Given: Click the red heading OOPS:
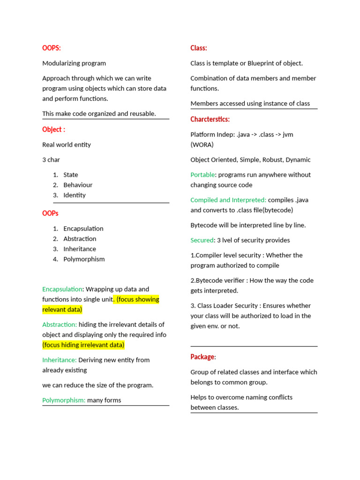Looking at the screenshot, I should (52, 48).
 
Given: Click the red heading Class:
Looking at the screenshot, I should (199, 48).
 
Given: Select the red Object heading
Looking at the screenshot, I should (53, 129).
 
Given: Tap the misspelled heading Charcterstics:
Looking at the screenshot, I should (210, 119).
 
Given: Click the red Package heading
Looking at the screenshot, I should (202, 357).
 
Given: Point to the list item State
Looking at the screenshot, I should (71, 175).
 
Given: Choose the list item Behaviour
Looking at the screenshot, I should (78, 185).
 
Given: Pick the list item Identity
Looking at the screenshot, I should (75, 195).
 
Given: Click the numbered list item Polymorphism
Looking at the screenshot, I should (84, 259).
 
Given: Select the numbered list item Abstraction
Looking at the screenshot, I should (80, 239).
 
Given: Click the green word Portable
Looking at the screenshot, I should (202, 175).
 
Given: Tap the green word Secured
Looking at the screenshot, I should (202, 240).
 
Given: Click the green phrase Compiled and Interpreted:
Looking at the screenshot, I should (228, 200).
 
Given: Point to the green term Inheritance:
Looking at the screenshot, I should (60, 360).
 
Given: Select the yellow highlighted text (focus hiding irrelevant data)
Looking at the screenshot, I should (83, 345).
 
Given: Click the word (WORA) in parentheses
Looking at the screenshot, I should (202, 144).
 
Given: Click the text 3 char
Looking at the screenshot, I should (51, 160).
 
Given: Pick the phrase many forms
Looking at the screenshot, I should (104, 400).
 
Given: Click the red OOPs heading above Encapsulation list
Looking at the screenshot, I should (50, 213).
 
